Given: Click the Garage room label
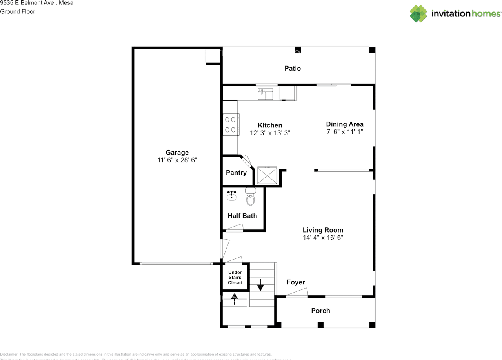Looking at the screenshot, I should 177,153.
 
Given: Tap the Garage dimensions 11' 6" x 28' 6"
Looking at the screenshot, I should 177,160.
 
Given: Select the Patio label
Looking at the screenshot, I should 293,68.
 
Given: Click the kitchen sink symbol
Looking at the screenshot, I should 266,94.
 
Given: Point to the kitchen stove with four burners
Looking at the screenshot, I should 231,124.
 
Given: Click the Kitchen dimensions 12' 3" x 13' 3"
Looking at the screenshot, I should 270,133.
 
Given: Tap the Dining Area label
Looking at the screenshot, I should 345,124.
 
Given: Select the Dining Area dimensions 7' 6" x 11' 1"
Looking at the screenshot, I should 345,132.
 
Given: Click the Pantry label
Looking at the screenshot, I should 236,173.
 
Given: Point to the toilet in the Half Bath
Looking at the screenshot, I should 250,197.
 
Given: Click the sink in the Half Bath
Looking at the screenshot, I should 232,195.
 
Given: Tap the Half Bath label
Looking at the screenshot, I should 242,216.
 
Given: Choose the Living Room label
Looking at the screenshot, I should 323,230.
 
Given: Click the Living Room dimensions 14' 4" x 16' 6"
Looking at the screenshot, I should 323,238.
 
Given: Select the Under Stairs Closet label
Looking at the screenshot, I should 235,278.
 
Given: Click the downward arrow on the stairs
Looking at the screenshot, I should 260,285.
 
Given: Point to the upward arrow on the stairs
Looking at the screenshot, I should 235,299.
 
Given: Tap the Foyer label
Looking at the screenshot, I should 296,282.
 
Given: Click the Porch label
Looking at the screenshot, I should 320,311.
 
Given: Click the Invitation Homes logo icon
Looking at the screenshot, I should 418,14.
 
